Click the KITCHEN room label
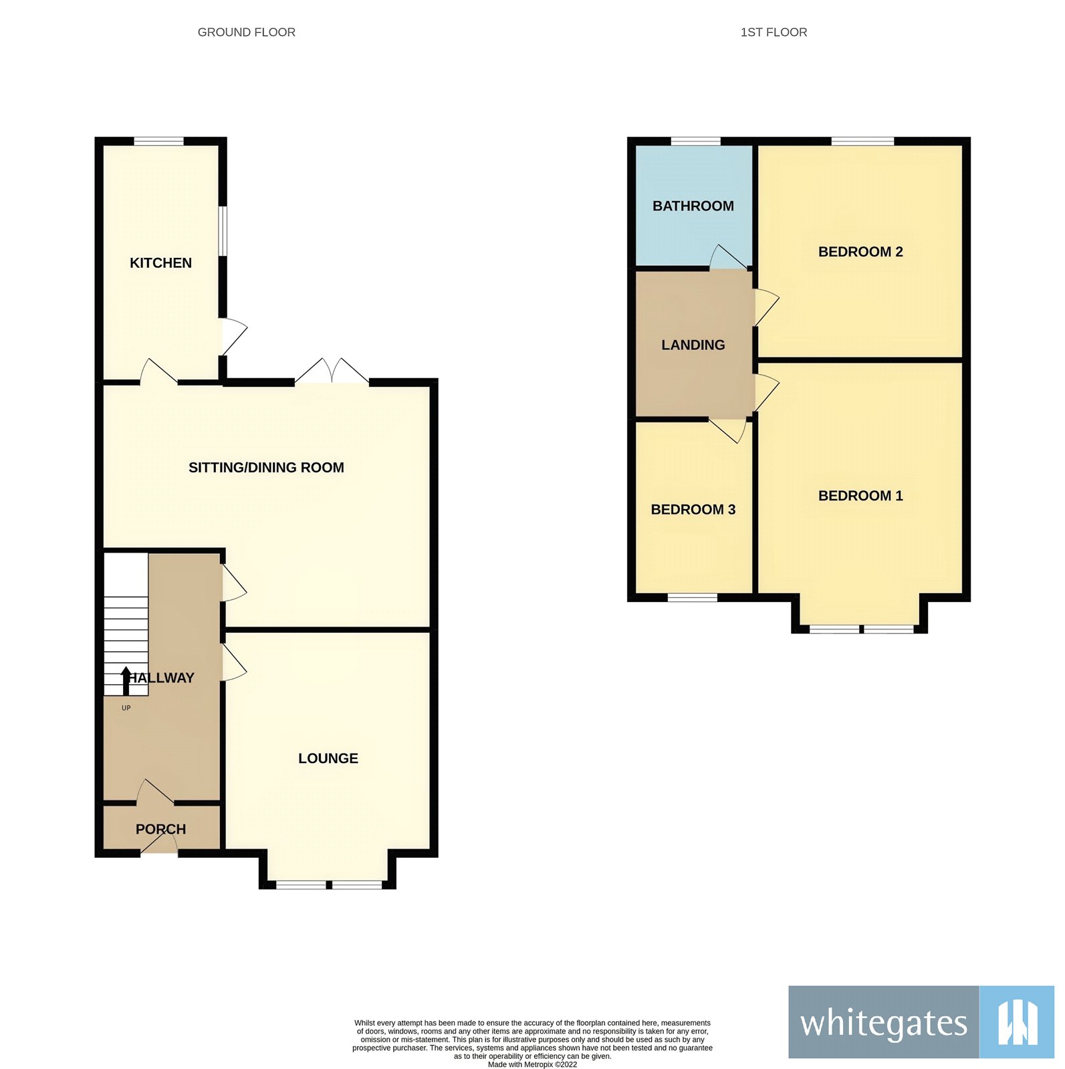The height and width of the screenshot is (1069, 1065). pos(160,263)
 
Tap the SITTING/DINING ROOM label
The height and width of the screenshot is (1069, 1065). pos(266,468)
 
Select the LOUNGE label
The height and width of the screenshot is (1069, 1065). pos(328,758)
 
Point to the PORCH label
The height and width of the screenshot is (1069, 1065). pos(160,829)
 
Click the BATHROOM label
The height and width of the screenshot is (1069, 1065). pos(693,206)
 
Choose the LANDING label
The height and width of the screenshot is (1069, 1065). pos(693,345)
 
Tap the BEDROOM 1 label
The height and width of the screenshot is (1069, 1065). pos(860,496)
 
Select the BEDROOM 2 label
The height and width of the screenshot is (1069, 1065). pos(860,252)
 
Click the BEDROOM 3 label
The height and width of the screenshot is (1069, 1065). pos(693,510)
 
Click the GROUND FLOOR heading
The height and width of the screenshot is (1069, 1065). pos(246,32)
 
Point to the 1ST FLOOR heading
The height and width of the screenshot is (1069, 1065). pos(774,32)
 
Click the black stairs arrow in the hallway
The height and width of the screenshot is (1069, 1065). pos(126,680)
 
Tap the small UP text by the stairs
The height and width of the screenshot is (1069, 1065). pos(126,708)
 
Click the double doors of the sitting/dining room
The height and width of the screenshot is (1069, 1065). pos(332,372)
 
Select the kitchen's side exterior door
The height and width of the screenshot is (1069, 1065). pos(233,336)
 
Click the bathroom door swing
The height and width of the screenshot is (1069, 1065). pos(727,258)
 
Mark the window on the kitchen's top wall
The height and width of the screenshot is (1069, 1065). pos(158,141)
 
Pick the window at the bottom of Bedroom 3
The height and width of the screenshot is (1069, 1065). pos(692,597)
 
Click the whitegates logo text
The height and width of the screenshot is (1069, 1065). pos(883,1023)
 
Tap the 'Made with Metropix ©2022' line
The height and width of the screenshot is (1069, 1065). pos(532,1064)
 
